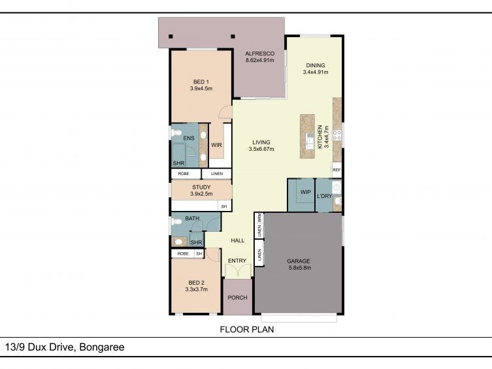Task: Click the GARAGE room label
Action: [299, 261]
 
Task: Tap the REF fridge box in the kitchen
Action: [336, 170]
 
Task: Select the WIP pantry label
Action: [305, 192]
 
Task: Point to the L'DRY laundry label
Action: [325, 196]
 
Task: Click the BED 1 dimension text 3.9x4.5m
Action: [201, 88]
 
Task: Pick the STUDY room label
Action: [201, 187]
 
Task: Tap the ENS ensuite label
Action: [189, 138]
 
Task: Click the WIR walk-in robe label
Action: [216, 145]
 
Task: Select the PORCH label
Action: [238, 298]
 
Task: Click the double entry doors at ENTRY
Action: [238, 270]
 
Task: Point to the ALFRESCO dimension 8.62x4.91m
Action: [260, 60]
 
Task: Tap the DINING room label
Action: [316, 65]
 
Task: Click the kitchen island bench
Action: [307, 136]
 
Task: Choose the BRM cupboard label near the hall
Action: [259, 217]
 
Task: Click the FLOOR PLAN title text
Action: [247, 330]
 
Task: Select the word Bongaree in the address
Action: [102, 347]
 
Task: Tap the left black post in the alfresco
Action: [171, 37]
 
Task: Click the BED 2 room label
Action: [197, 283]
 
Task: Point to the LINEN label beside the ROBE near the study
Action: [217, 174]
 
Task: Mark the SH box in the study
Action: [224, 206]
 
